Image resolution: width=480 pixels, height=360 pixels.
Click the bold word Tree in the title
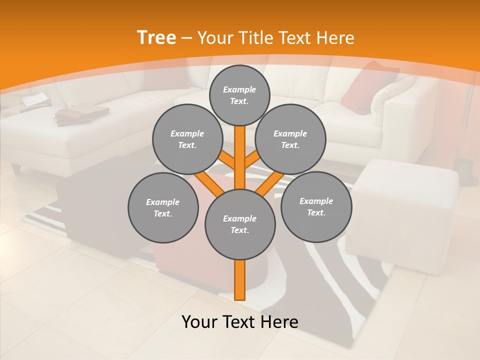(156, 37)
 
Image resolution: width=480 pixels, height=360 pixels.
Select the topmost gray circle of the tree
(239, 95)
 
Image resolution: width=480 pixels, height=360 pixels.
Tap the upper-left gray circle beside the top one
(187, 139)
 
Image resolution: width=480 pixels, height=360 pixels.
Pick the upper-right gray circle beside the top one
(290, 139)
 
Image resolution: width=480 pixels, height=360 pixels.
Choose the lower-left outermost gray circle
(163, 208)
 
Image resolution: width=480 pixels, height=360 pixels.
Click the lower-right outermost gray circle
(316, 206)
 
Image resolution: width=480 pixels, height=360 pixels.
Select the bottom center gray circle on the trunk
(240, 224)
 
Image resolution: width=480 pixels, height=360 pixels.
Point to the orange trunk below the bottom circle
(240, 280)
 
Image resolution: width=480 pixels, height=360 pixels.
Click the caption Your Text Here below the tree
(240, 322)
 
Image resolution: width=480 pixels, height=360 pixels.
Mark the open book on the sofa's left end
(36, 100)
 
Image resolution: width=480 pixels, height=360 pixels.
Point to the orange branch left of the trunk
(208, 181)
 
